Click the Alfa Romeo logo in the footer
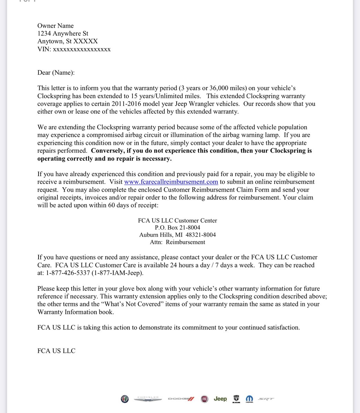point(124,399)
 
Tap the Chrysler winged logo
point(148,399)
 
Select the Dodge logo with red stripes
point(181,399)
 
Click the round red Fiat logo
point(205,399)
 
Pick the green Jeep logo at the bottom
point(220,399)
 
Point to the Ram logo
point(236,399)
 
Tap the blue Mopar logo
point(249,399)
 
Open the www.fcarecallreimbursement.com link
point(171,182)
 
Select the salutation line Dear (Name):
point(56,73)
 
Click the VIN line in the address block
point(74,49)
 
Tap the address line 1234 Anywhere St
point(63,33)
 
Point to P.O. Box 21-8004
point(177,227)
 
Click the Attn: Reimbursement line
point(177,242)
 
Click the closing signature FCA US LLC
point(56,351)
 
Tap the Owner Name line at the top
point(55,25)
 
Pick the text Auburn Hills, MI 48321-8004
point(177,235)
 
